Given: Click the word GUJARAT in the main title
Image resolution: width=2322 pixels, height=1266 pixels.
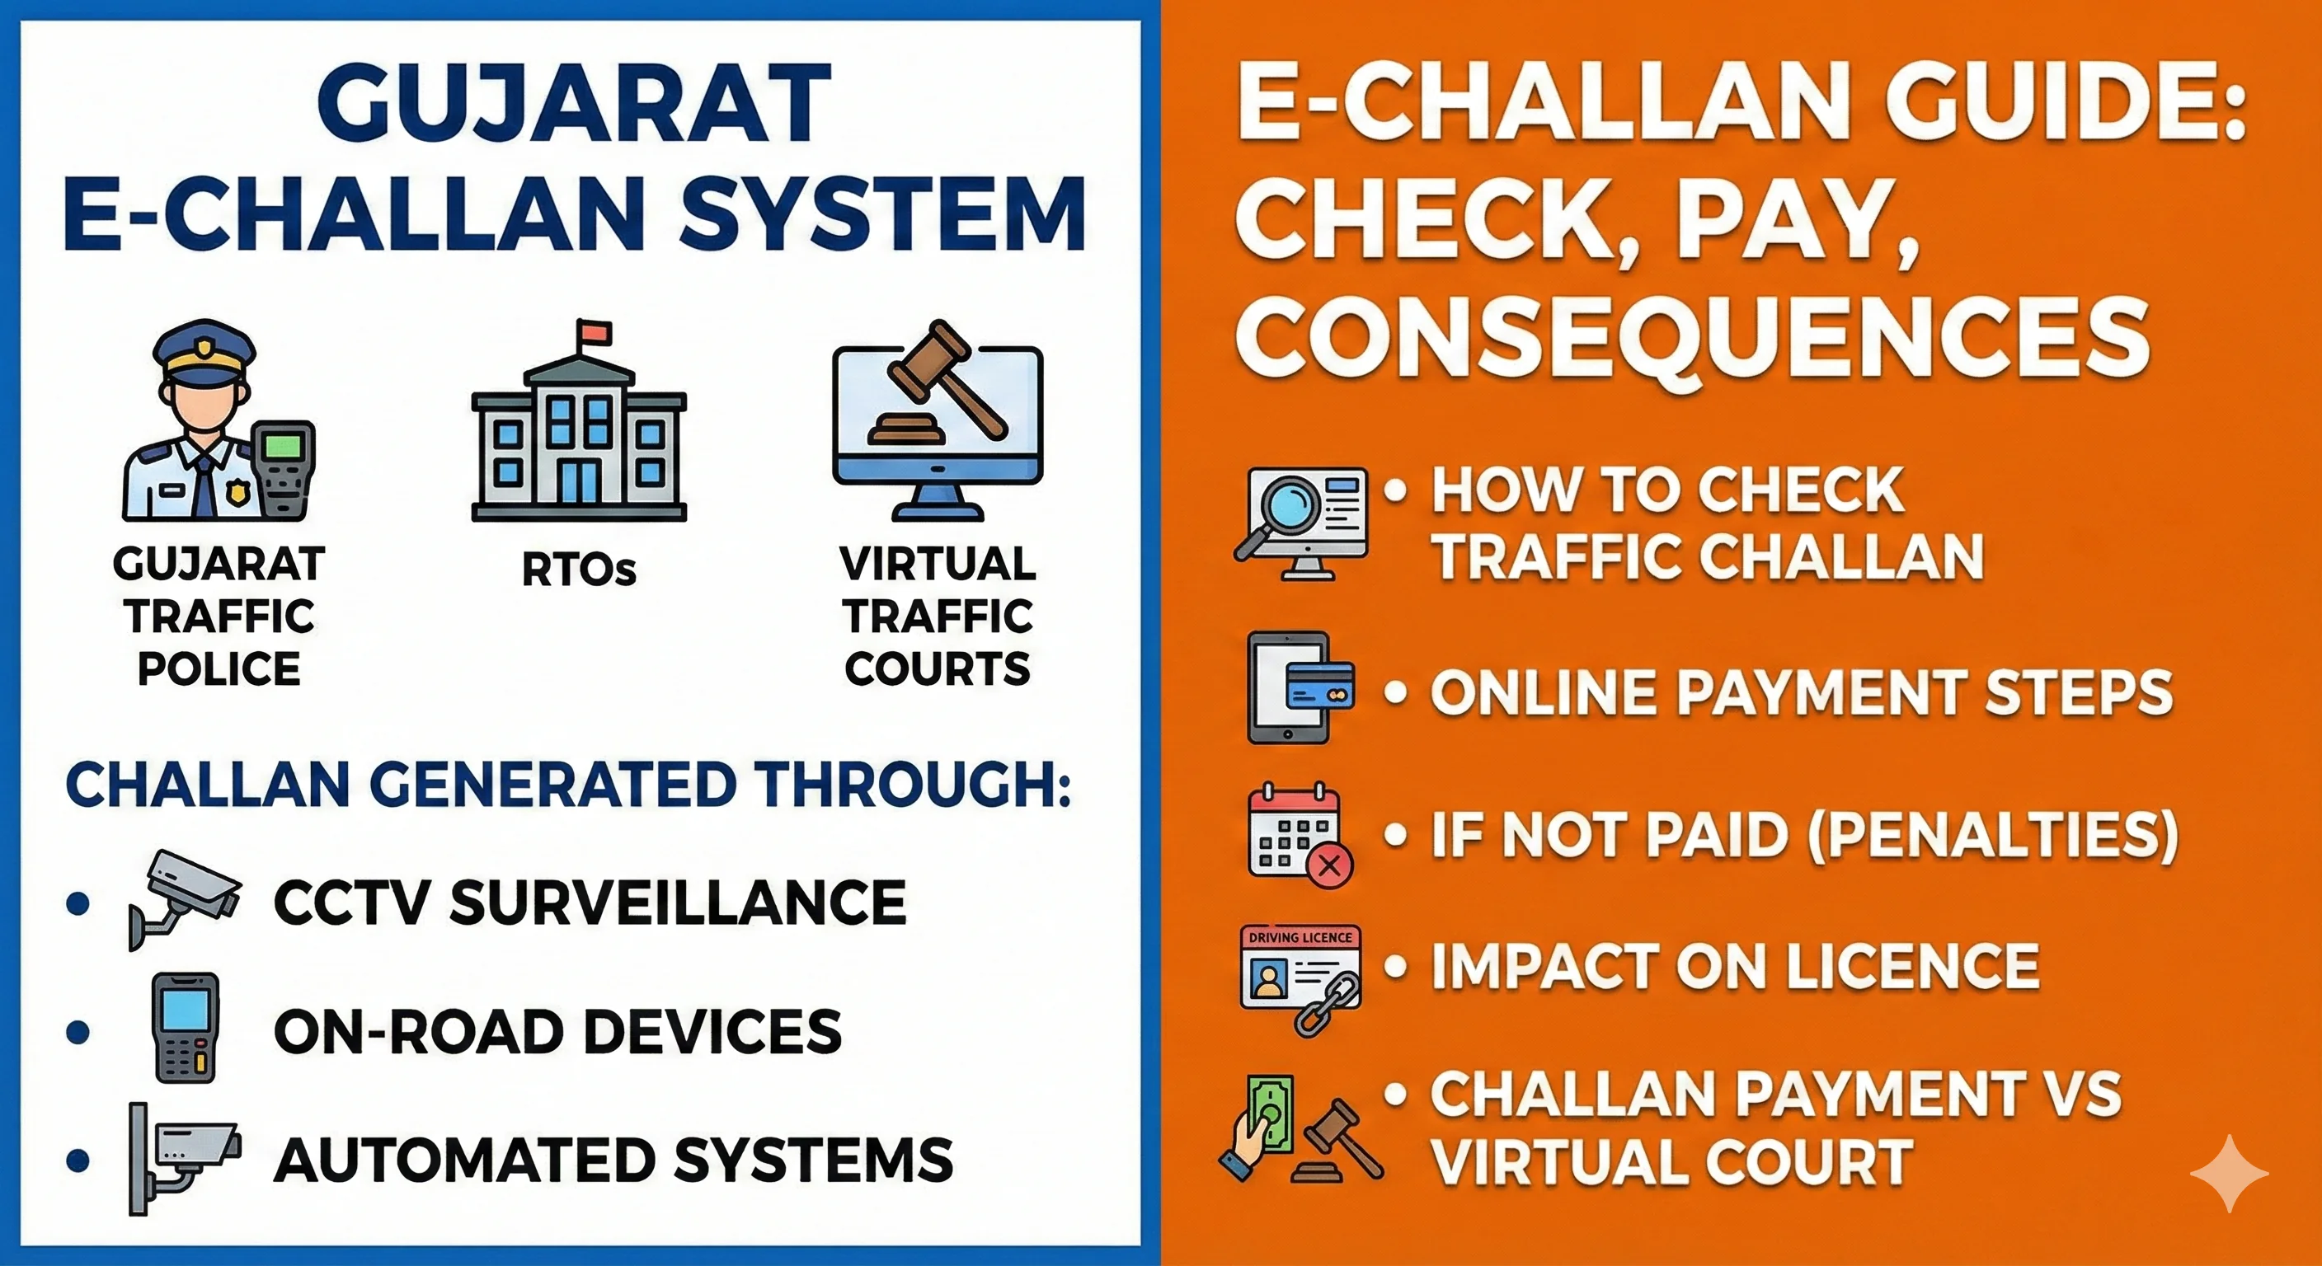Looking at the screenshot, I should pyautogui.click(x=573, y=104).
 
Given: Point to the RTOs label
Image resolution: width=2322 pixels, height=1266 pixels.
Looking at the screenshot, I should pyautogui.click(x=579, y=570).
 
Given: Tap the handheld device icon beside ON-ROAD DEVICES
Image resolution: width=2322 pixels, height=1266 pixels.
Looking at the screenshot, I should pyautogui.click(x=186, y=1027).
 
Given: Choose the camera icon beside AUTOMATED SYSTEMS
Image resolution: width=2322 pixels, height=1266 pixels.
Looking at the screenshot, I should pyautogui.click(x=185, y=1157).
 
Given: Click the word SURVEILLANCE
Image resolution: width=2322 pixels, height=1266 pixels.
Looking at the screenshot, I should pyautogui.click(x=677, y=902).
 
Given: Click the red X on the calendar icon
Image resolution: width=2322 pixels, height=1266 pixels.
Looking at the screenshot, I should pyautogui.click(x=1328, y=866).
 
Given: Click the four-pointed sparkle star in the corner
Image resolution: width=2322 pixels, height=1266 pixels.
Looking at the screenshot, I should pyautogui.click(x=2228, y=1172).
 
